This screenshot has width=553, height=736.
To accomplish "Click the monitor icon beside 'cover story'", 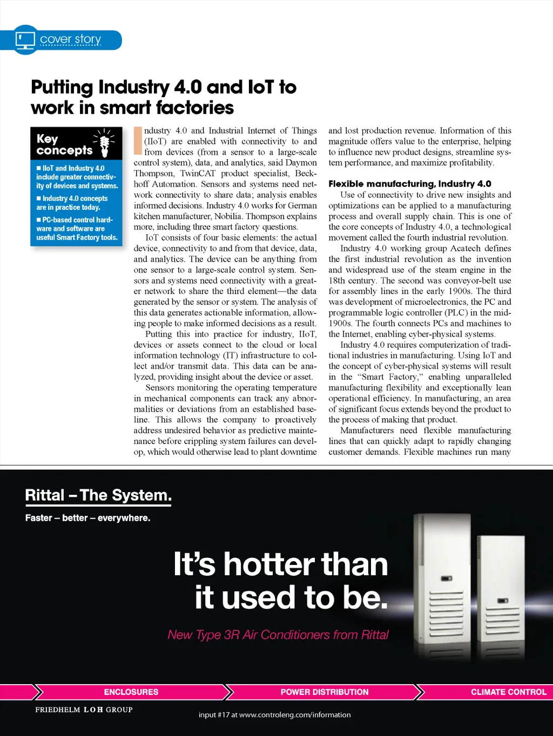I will coord(25,40).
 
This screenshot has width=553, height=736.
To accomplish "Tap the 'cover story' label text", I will coord(71,39).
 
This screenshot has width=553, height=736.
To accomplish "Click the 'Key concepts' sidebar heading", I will coord(64,144).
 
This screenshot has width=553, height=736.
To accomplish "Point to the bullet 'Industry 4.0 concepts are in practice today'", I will coord(73,203).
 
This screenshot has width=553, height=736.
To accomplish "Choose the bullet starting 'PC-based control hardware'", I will coord(77,228).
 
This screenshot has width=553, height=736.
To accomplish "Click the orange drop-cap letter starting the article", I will coord(138,141).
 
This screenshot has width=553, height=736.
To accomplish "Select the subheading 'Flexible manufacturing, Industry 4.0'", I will coord(409,183).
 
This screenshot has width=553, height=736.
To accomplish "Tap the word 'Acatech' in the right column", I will coord(465,248).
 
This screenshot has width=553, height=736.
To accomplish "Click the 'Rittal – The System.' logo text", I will coord(98,495).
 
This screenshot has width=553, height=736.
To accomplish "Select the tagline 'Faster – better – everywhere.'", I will coord(87,518).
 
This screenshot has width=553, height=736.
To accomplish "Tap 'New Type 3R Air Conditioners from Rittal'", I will coord(278,635).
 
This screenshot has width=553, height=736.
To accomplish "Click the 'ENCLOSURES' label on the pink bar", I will coord(131,692).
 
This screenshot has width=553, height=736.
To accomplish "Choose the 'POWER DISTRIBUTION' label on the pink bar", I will coord(325,692).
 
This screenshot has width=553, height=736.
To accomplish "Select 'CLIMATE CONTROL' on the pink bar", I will coord(508,692).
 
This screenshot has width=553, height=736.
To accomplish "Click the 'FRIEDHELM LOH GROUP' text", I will coord(84,710).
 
